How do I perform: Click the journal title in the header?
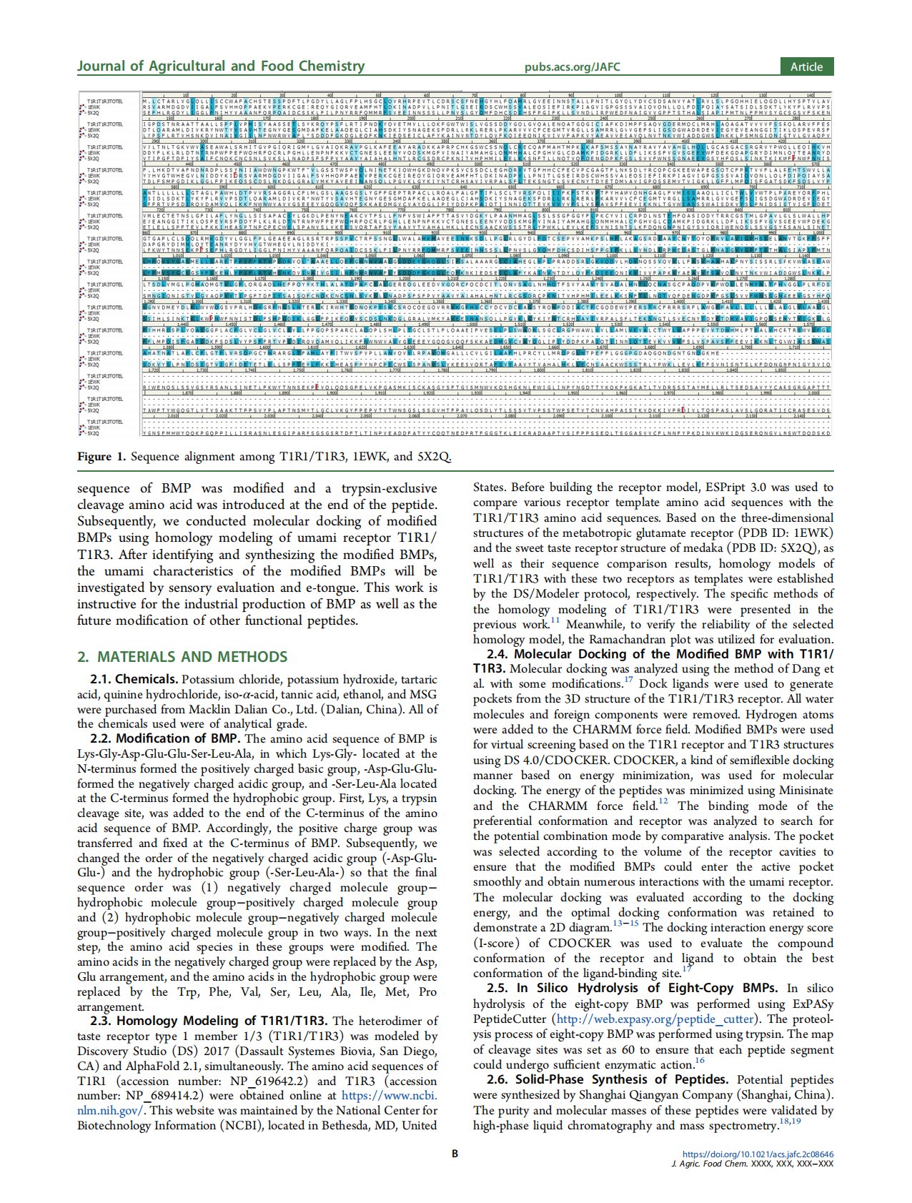(220, 66)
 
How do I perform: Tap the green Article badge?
(806, 66)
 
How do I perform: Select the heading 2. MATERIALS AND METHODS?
(182, 657)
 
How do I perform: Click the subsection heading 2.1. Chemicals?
(134, 679)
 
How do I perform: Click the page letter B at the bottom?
(455, 1153)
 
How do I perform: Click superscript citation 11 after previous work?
(555, 622)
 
